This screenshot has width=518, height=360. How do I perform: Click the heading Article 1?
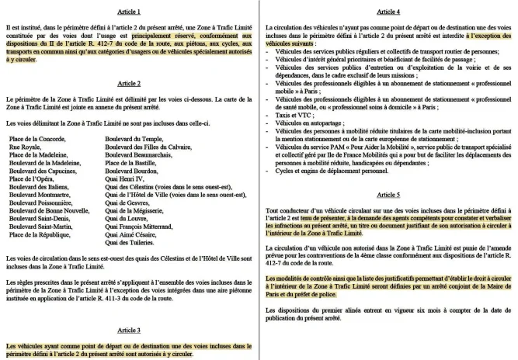coord(127,12)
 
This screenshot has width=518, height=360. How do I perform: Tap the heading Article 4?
coord(389,12)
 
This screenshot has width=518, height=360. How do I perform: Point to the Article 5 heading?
coord(389,196)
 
